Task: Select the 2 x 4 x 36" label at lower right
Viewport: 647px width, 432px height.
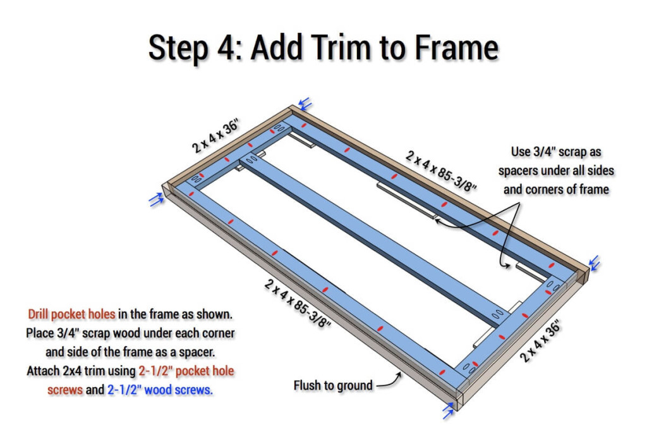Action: (540, 341)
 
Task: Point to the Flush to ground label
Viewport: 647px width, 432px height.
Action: (333, 385)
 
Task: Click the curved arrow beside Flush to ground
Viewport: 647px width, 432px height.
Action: (390, 379)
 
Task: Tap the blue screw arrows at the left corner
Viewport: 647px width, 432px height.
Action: (155, 199)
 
